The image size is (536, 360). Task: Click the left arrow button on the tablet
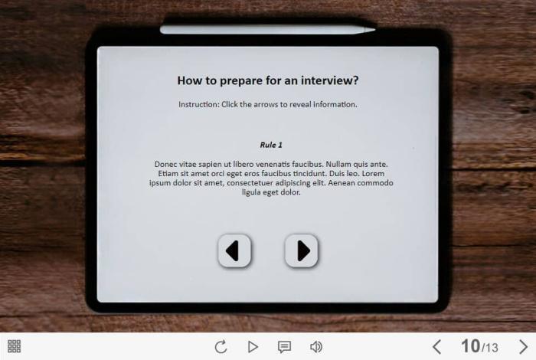(x=234, y=250)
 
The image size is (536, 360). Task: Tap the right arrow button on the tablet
(x=301, y=250)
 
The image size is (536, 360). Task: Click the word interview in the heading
(x=330, y=80)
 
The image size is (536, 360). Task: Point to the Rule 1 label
(x=271, y=145)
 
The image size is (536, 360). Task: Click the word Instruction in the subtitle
(x=198, y=104)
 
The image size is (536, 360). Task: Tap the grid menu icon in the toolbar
(x=14, y=346)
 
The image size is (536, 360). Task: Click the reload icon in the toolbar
(x=221, y=347)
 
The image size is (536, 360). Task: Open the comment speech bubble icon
(x=284, y=347)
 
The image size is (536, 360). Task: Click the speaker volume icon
(x=316, y=347)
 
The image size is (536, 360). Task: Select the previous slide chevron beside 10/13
(x=436, y=347)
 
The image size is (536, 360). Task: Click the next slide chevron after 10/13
(x=523, y=347)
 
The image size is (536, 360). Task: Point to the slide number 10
(x=471, y=346)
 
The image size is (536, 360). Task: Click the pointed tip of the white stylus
(x=375, y=30)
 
